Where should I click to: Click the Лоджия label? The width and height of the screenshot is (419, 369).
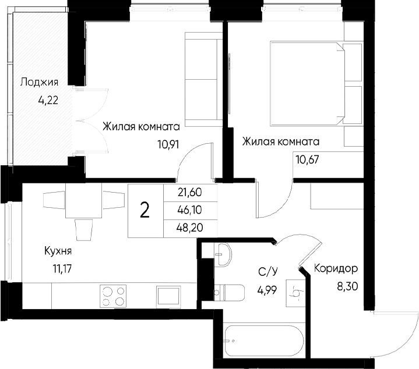38,81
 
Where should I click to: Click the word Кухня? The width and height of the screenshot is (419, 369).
58,251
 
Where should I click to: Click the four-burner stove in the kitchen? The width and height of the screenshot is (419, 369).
114,295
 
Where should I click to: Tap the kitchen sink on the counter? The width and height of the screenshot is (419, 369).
169,296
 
